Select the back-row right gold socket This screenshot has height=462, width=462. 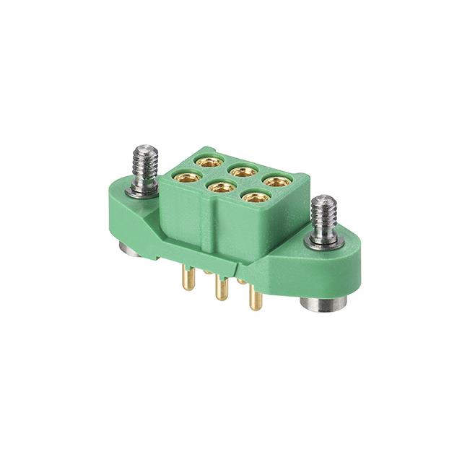tap(276, 182)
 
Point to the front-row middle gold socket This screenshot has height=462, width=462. tap(221, 187)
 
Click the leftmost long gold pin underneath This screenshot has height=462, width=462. tap(188, 278)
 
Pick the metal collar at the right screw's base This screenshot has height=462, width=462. tap(323, 240)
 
